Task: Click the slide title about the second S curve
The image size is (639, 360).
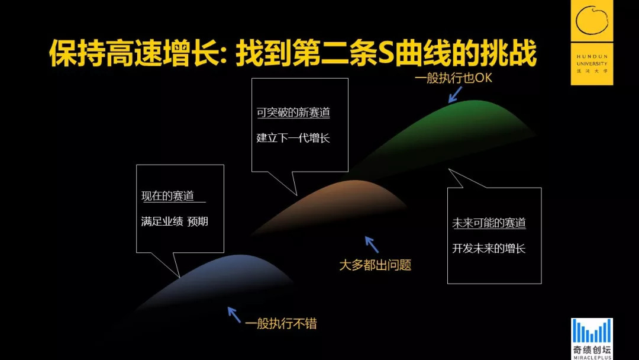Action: pos(292,54)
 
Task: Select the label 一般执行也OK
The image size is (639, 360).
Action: pos(453,78)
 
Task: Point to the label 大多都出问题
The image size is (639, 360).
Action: pos(375,265)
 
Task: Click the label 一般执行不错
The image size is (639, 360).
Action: pos(281,323)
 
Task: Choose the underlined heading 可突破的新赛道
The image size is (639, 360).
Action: pos(293,113)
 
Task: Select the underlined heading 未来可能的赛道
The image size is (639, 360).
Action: pos(489,223)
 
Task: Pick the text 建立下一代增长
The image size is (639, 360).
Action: pos(293,138)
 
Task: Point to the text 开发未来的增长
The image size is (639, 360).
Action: pos(489,248)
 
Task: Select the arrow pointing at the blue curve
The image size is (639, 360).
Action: pos(234,314)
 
